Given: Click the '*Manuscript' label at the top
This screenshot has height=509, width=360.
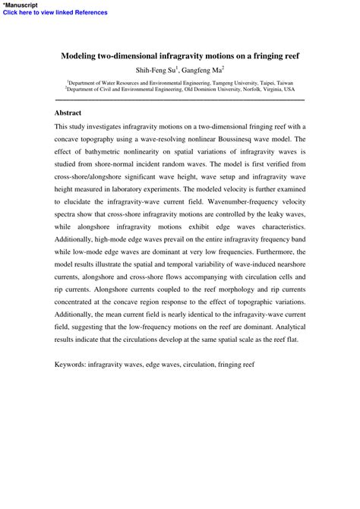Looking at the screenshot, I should click(21, 5).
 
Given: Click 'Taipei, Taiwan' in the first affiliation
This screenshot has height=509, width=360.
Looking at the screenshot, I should click(273, 81).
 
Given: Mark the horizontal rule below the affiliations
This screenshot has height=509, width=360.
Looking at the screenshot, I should click(180, 100).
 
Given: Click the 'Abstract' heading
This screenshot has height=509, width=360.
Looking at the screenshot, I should click(68, 112).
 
